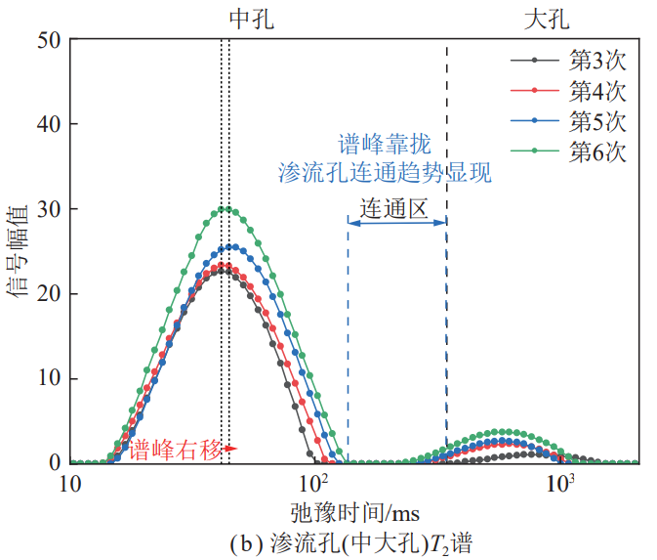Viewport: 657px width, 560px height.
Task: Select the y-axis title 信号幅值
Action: coord(21,251)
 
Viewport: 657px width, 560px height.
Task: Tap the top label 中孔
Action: coord(250,17)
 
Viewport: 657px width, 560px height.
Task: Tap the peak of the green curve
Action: coord(226,208)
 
